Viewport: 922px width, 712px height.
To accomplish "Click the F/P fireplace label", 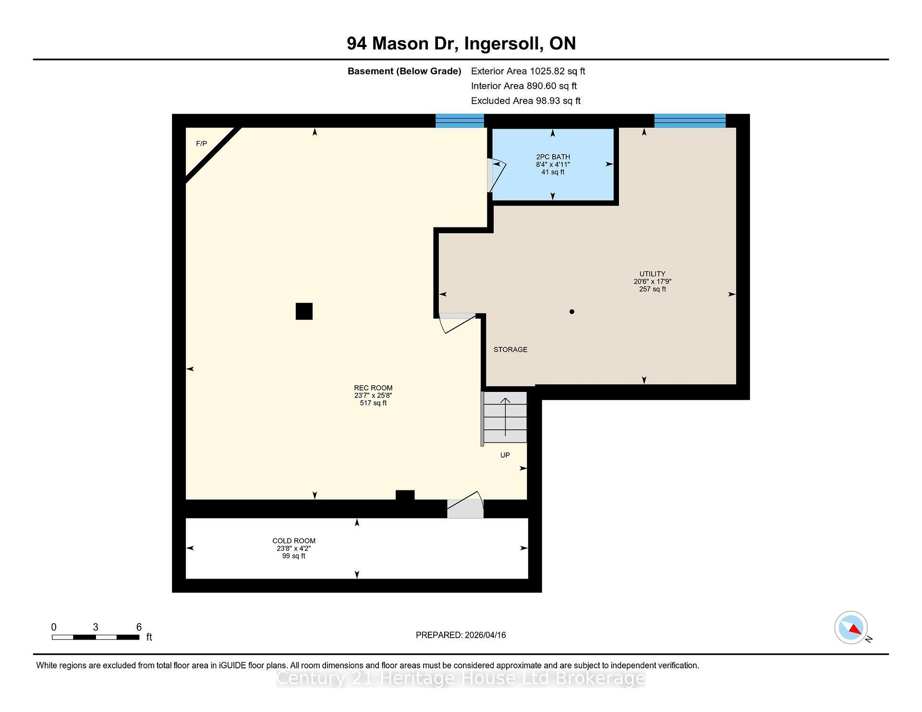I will (201, 144).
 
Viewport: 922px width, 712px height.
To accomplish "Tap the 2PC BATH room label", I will (553, 157).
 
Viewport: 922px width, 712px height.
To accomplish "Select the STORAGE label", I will (510, 350).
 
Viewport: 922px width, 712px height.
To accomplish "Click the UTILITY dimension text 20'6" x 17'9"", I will (652, 282).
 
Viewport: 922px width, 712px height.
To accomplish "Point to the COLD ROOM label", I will (294, 541).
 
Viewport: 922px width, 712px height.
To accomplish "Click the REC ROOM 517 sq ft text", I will (373, 403).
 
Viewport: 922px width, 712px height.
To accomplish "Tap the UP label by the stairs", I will (505, 455).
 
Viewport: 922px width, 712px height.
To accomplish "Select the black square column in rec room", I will (304, 311).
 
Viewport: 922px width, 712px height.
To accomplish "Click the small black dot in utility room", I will (571, 312).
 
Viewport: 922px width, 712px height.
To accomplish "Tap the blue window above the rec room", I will (460, 121).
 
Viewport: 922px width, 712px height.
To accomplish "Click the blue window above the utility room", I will (690, 121).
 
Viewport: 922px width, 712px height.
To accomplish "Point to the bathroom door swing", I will (497, 175).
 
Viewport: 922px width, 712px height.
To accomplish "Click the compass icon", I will (851, 628).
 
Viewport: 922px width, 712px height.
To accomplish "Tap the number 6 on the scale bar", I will (139, 627).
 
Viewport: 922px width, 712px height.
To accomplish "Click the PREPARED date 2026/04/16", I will (485, 635).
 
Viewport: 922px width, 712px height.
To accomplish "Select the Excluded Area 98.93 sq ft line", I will (525, 101).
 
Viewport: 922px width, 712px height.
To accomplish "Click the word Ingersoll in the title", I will (504, 44).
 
